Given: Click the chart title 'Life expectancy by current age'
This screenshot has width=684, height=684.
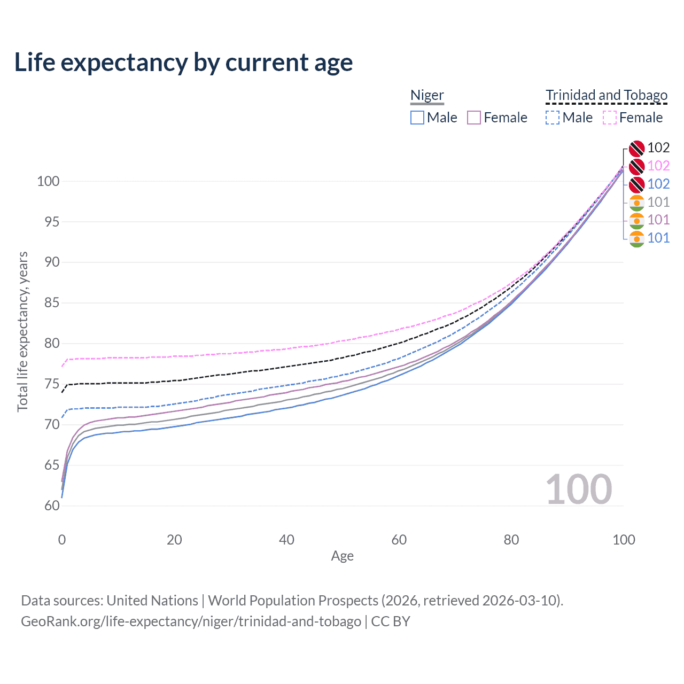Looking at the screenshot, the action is coord(183,63).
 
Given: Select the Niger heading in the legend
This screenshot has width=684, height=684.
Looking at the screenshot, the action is coord(426,95).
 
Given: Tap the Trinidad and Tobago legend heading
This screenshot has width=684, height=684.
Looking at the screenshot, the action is coord(607,95).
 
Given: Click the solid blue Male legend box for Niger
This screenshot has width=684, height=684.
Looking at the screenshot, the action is coord(417,118).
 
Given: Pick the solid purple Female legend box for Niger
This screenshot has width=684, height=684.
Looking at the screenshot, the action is coord(474,118).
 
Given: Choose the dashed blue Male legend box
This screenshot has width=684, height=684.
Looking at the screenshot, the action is coord(553,118).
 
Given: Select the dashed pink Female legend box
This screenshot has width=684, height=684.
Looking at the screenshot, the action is coord(610,118).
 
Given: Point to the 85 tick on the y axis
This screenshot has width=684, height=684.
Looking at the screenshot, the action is coord(51,303).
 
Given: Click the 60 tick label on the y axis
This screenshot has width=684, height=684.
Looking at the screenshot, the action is coord(51,506).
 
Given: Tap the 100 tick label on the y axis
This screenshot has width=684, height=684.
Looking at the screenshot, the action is coord(48,181).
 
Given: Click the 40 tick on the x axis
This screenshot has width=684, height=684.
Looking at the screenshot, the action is coord(286,540).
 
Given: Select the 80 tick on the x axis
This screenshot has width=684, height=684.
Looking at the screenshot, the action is coord(511,540).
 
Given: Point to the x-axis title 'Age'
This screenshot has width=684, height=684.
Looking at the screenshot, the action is coord(342,556).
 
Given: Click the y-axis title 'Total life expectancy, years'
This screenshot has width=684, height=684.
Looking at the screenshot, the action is coord(23,332).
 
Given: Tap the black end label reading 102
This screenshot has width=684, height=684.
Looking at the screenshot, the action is coord(658,147).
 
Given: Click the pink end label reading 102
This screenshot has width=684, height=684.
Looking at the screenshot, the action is coord(658,166).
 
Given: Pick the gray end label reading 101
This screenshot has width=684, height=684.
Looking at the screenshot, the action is coord(658,202).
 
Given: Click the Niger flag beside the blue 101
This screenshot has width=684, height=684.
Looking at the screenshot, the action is coord(636,238).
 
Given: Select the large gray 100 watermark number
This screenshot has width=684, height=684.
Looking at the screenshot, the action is coord(579,489).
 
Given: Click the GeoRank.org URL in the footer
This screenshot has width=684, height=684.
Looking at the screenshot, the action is coord(191,621).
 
